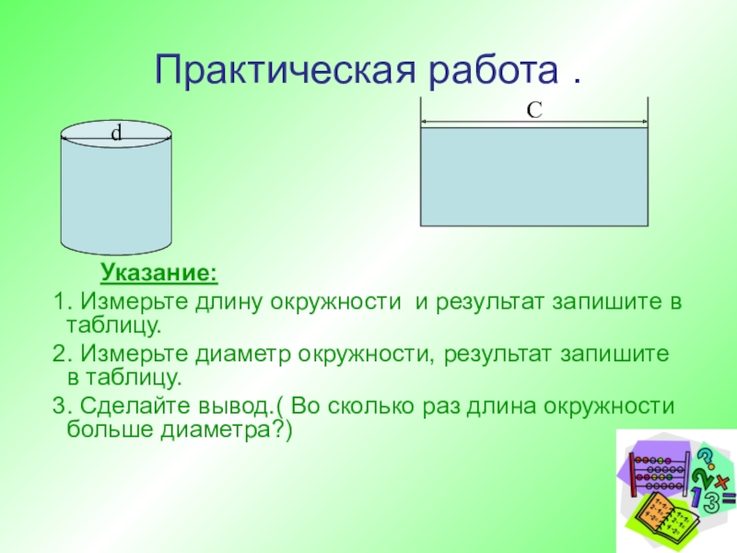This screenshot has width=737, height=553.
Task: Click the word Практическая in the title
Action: click(286, 71)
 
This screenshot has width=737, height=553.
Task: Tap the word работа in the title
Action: click(494, 71)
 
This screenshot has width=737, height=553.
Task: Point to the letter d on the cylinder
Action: click(116, 133)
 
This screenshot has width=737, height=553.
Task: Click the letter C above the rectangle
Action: click(534, 111)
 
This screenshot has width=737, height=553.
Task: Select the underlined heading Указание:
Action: click(159, 272)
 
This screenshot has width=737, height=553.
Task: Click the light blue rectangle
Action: click(534, 176)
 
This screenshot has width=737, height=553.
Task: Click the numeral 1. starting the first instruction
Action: click(62, 301)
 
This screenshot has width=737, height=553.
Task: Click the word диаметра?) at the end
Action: click(227, 429)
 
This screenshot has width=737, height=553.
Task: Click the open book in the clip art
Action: click(665, 517)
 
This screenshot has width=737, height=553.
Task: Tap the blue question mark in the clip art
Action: click(705, 459)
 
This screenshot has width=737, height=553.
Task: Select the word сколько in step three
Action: click(371, 406)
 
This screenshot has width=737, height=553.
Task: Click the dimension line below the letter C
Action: click(534, 122)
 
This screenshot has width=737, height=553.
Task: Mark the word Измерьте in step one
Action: click(135, 302)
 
